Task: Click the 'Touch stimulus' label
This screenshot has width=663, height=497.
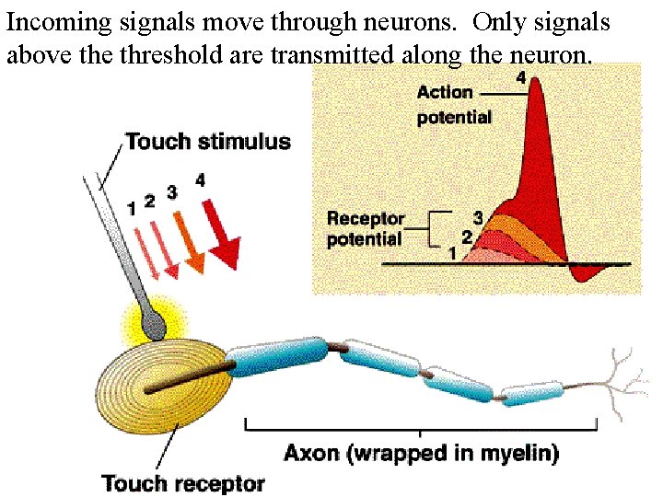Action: (207, 142)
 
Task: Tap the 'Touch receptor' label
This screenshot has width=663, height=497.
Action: (183, 482)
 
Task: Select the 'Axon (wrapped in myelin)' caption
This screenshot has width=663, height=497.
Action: (421, 454)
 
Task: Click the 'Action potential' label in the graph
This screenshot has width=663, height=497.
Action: (454, 104)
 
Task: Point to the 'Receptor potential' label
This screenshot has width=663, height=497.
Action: (366, 229)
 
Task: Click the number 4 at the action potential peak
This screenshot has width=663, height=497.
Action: (521, 79)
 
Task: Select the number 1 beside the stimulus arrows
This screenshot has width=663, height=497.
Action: (133, 208)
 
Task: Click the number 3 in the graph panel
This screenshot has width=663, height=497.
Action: (478, 218)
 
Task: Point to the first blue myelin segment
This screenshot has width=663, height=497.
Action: (276, 357)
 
